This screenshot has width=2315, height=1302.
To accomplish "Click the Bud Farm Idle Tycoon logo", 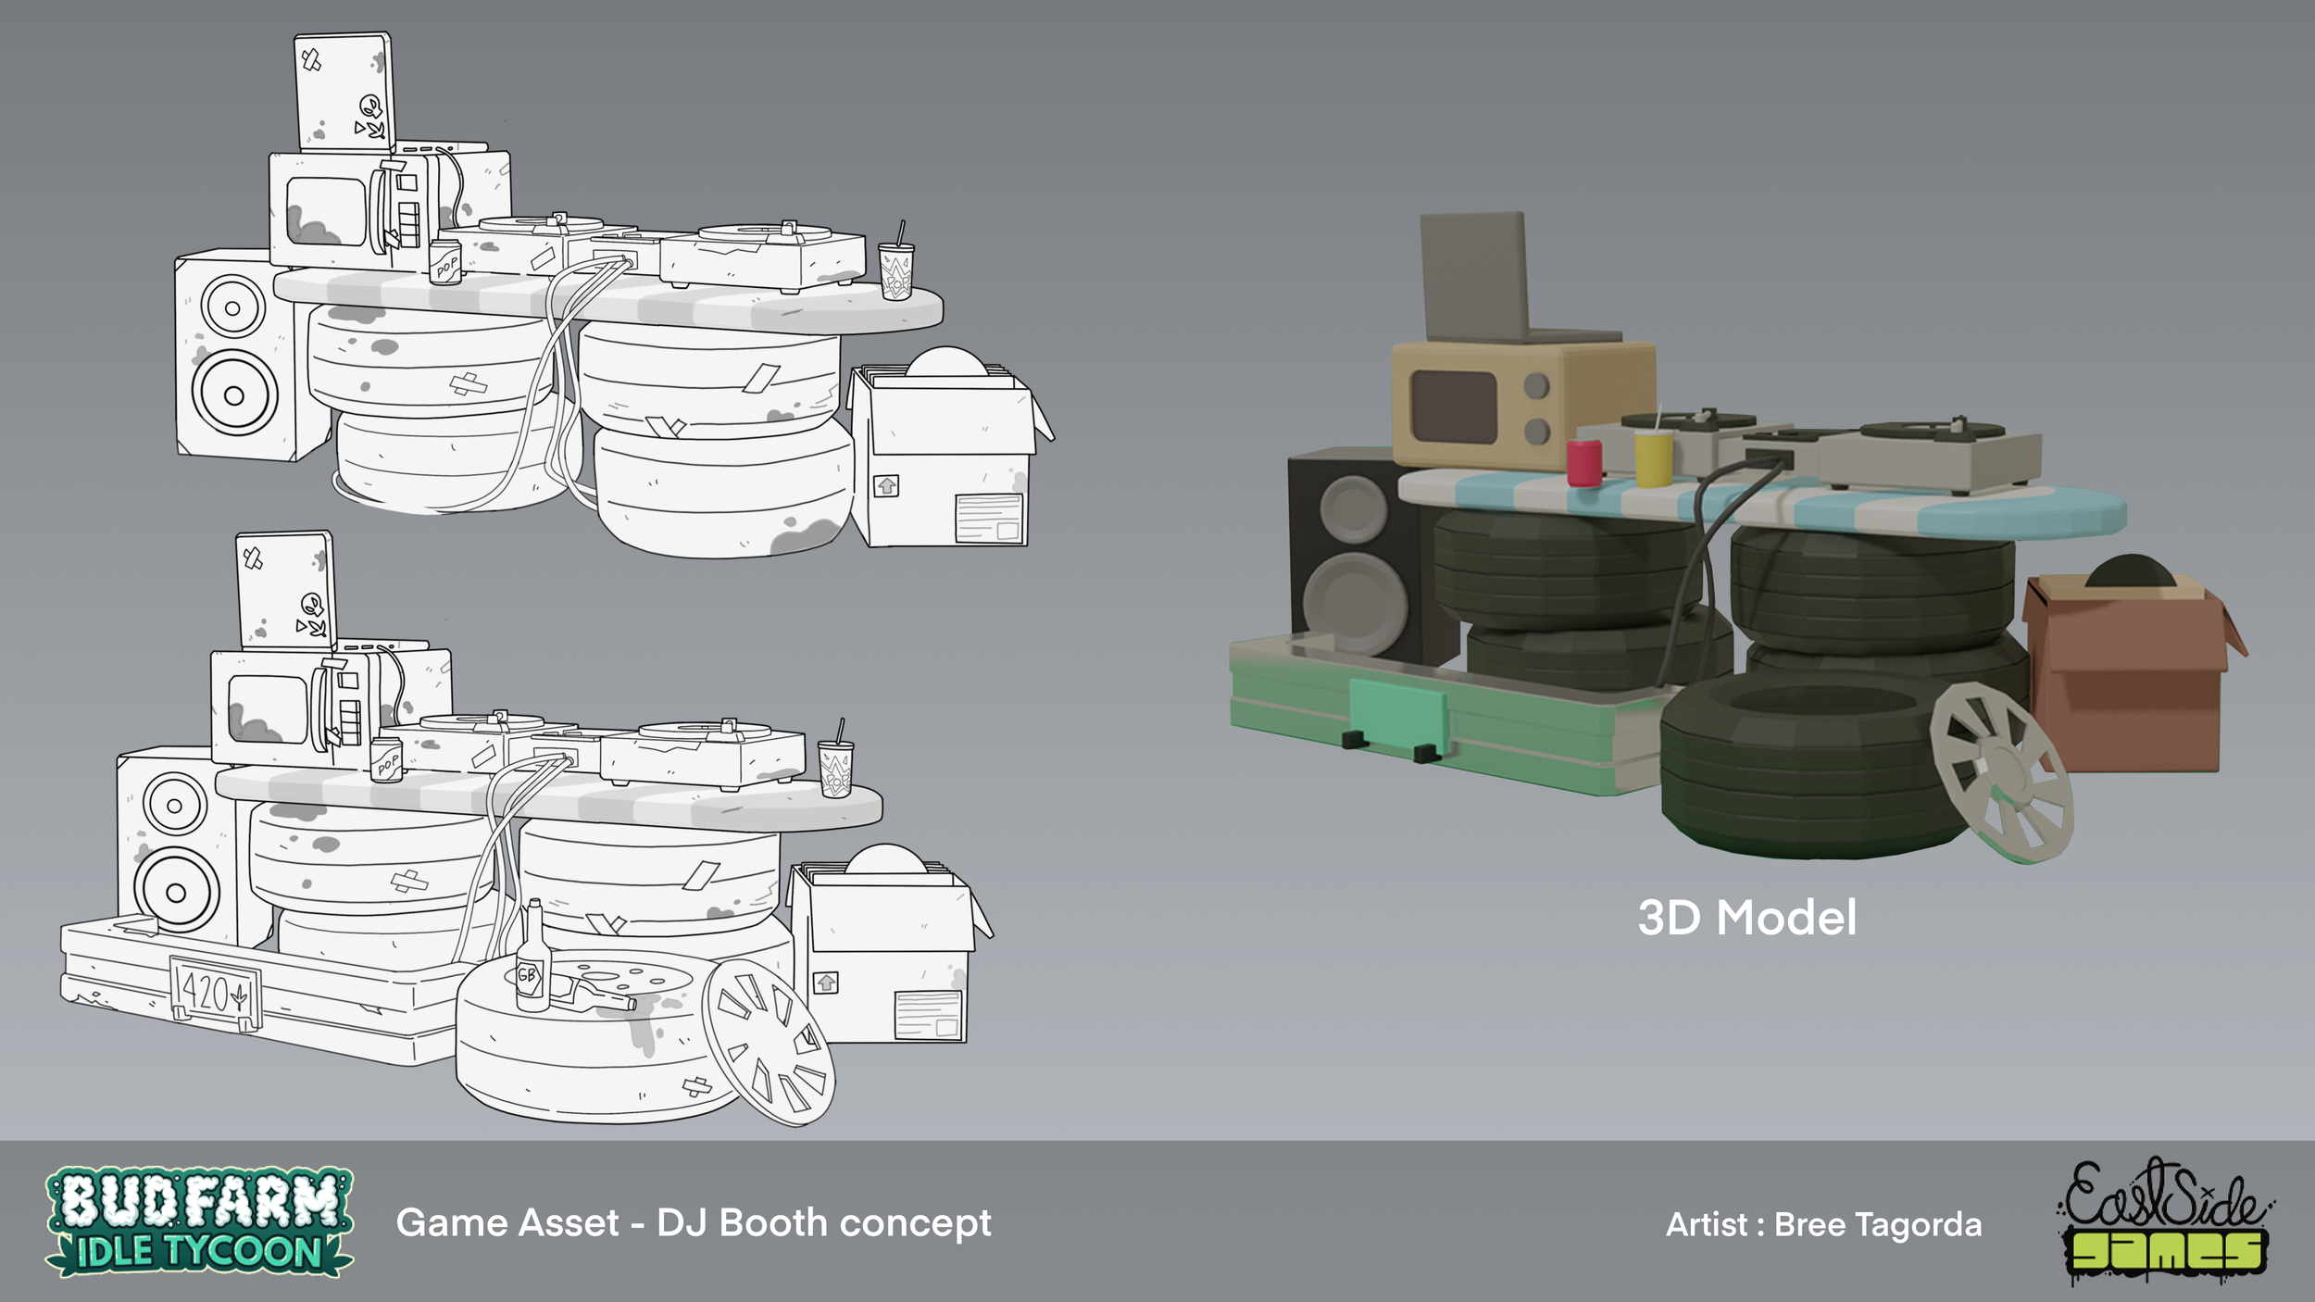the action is tap(199, 1221).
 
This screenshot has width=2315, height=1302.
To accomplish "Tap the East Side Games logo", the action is tap(2166, 1221).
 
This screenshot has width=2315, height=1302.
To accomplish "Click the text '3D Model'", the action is tap(1746, 918).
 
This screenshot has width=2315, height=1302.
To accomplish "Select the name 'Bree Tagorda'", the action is tap(1878, 1224).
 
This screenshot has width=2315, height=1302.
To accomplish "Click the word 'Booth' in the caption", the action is tap(773, 1222).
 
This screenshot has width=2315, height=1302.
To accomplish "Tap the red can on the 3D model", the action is tap(1583, 462).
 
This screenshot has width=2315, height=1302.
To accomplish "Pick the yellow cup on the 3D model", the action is tap(1653, 458).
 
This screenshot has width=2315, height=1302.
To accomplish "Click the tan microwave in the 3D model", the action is tap(1523, 405).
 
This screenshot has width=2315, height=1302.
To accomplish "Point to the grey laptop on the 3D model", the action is tap(1505, 278).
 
